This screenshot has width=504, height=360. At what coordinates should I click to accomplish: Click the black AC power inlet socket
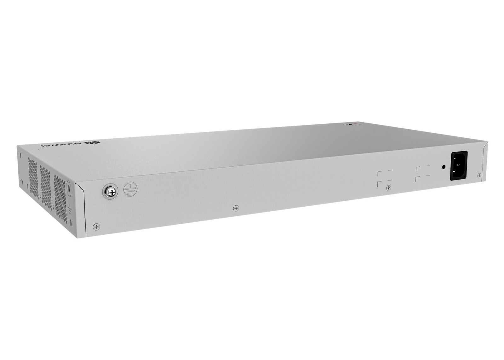459,165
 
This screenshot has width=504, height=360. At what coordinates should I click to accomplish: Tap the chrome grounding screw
110,192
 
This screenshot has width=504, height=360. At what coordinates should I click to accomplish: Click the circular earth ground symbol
130,189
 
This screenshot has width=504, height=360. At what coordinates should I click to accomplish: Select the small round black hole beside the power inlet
444,167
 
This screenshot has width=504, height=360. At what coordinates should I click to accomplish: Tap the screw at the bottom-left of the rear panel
96,226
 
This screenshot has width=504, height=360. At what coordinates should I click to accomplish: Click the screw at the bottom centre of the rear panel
236,208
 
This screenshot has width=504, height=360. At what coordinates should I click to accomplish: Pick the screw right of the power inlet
479,175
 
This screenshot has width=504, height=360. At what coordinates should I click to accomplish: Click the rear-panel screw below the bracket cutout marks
388,187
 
